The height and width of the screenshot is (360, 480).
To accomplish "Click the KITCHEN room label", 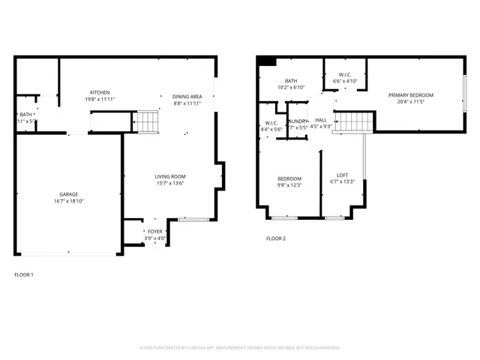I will pyautogui.click(x=100, y=92).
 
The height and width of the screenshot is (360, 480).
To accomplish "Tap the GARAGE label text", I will pyautogui.click(x=69, y=194).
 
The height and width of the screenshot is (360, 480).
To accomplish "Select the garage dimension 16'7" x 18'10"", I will pyautogui.click(x=69, y=201).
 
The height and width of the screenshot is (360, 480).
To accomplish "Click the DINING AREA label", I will pyautogui.click(x=187, y=96).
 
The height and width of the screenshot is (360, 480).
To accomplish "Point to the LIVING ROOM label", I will pyautogui.click(x=169, y=176).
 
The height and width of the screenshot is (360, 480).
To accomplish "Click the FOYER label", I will pyautogui.click(x=154, y=232).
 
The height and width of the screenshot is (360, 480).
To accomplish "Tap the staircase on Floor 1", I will pyautogui.click(x=146, y=121).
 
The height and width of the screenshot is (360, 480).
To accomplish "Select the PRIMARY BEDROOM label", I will pyautogui.click(x=410, y=95).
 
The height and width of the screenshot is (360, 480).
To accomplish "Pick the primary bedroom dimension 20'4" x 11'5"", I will pyautogui.click(x=410, y=102).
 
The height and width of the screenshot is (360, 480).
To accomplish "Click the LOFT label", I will pyautogui.click(x=342, y=175).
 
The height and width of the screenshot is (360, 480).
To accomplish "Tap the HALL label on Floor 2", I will pyautogui.click(x=321, y=120).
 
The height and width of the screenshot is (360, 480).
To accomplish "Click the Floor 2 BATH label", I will pyautogui.click(x=291, y=81).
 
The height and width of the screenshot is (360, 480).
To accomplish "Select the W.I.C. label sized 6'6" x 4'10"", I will pyautogui.click(x=345, y=74).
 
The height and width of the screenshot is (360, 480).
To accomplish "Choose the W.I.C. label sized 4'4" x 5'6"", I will pyautogui.click(x=271, y=123).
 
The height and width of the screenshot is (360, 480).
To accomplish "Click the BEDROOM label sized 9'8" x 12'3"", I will pyautogui.click(x=289, y=178).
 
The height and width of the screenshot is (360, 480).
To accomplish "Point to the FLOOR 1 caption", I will pyautogui.click(x=24, y=274).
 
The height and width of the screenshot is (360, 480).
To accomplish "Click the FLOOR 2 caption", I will pyautogui.click(x=276, y=238).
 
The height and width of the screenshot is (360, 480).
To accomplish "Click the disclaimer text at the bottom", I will pyautogui.click(x=240, y=348).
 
